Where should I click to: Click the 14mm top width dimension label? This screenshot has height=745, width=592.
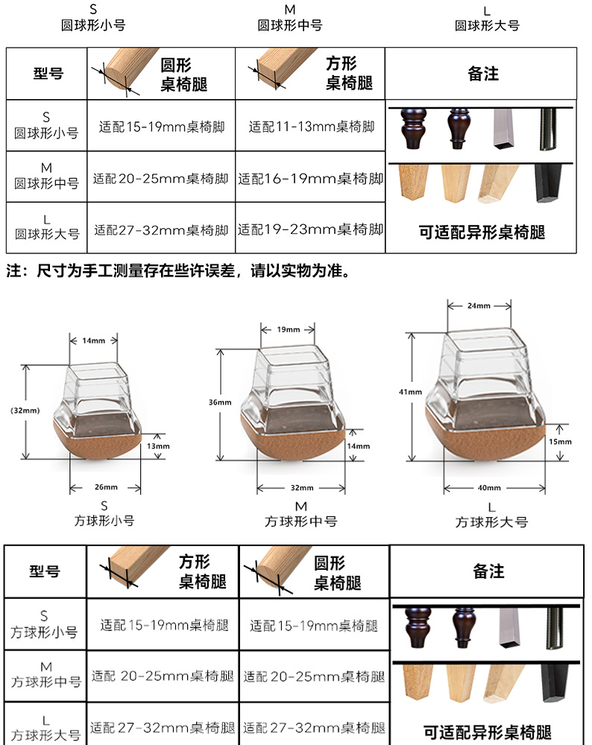94,340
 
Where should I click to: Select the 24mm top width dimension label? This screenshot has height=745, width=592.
479,306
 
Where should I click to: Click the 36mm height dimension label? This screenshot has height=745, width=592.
219,402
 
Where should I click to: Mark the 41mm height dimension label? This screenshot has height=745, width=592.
410,392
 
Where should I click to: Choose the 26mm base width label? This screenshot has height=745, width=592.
105,488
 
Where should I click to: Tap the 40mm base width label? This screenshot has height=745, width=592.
488,487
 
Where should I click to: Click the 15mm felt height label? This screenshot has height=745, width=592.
559,442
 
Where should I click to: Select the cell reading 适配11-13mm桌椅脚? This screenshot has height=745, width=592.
311,127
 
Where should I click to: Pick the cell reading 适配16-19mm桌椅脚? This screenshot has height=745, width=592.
311,179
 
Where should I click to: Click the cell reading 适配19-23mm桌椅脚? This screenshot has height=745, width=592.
311,230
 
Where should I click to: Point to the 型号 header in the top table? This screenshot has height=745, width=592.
48,74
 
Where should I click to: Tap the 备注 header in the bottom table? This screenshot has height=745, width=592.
488,571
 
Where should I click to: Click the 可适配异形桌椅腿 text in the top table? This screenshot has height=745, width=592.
482,232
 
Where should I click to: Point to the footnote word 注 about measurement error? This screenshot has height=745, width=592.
13,270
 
